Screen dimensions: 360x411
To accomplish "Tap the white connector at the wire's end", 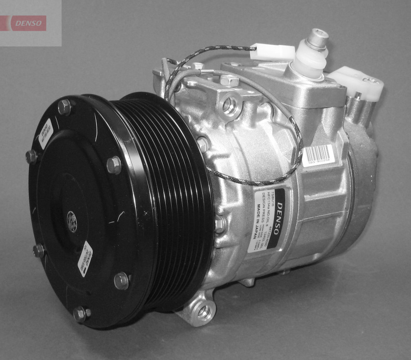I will point(272,52).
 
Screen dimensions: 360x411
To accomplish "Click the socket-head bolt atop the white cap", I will point(318,38).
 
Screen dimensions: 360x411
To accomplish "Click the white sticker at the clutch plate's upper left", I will point(45,133).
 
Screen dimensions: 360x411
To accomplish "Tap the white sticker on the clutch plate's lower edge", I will point(85,258).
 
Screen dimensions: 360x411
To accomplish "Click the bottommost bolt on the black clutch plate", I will point(80,314).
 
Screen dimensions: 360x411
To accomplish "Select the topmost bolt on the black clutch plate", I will point(64,107).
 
